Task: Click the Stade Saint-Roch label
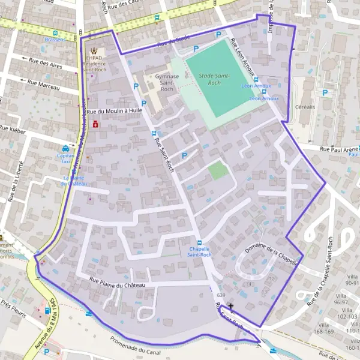pos(210,79)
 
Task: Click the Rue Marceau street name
pos(44,85)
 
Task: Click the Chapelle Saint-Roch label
pos(200,251)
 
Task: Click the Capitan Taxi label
pos(65,157)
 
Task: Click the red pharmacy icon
pos(95,124)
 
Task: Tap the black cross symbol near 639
pos(231,306)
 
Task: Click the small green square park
pos(218,171)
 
